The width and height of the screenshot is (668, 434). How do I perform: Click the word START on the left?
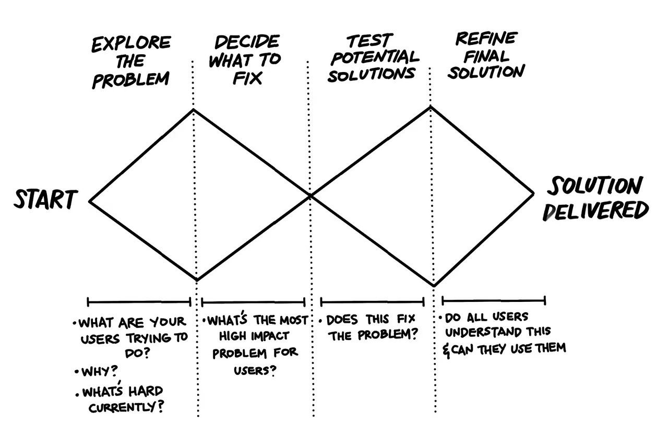(x=46, y=199)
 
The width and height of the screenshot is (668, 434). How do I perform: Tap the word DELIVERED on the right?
(x=595, y=210)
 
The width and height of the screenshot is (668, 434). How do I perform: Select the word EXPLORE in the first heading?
(x=131, y=43)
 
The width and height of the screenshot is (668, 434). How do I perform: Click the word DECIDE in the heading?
(x=247, y=42)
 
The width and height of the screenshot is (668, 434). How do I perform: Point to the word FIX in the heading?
(x=247, y=78)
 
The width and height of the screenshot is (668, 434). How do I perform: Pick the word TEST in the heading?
(x=369, y=41)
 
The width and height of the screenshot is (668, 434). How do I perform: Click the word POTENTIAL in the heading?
(x=375, y=57)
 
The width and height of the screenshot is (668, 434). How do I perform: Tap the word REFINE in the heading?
(x=486, y=38)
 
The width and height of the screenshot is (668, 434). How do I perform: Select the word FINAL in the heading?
(x=486, y=56)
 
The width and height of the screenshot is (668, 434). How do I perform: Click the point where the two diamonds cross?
(x=310, y=196)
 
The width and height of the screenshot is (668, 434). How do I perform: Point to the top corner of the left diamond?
(x=193, y=110)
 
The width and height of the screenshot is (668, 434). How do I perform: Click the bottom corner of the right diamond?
(x=434, y=286)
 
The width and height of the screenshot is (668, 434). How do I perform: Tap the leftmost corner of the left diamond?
(x=89, y=202)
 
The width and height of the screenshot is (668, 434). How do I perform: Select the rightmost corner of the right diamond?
(x=533, y=194)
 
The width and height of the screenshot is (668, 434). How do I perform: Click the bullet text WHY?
(x=100, y=372)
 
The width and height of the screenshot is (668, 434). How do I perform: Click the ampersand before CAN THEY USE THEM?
(x=446, y=351)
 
